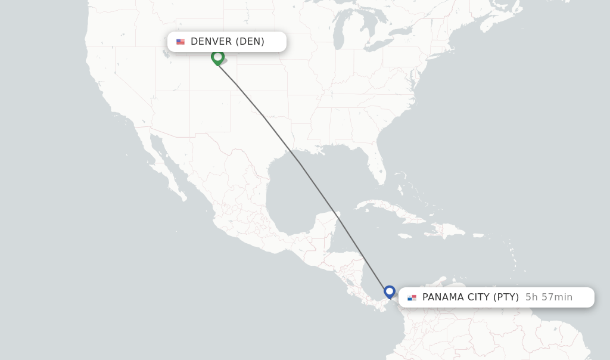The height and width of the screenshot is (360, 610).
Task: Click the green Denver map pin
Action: [218, 57]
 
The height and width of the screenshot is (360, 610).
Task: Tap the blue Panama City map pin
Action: [390, 291]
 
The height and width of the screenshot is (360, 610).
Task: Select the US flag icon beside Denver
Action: [180, 42]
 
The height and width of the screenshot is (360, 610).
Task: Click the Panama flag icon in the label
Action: [412, 297]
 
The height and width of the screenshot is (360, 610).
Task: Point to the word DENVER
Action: [211, 42]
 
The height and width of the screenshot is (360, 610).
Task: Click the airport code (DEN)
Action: [250, 42]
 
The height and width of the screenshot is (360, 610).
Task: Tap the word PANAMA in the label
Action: [441, 297]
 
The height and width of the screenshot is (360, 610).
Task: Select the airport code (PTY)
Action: [506, 297]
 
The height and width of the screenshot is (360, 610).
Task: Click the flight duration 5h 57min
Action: [549, 297]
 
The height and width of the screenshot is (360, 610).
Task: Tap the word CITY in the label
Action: [477, 297]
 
